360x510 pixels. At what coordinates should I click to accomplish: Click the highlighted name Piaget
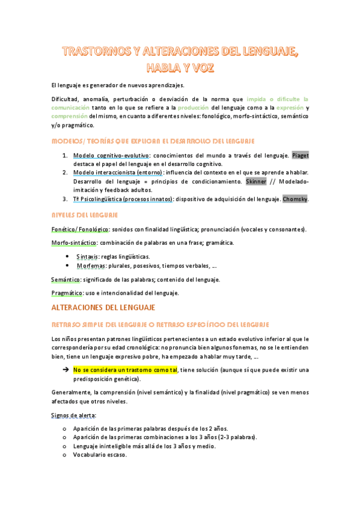click(x=300, y=156)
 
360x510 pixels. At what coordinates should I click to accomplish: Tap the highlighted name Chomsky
click(x=294, y=198)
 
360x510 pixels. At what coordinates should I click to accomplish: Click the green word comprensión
click(x=69, y=116)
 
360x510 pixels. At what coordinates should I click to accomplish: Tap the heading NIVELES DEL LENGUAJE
click(x=85, y=215)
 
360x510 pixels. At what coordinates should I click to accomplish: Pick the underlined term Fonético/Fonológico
click(x=79, y=229)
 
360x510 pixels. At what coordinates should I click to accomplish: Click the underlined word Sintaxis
click(x=88, y=256)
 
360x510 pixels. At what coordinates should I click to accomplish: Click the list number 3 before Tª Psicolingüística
click(x=64, y=198)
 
